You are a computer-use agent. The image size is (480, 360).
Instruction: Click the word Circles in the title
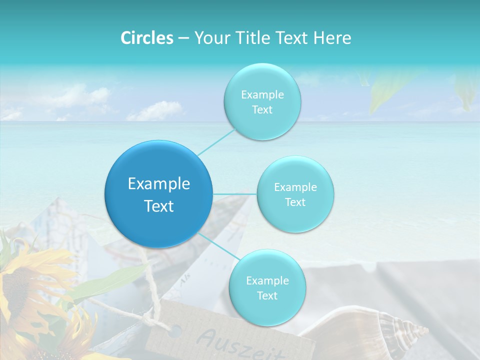(x=147, y=37)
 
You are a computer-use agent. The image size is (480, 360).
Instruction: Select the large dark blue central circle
(x=159, y=194)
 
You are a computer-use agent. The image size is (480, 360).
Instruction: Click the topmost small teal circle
(x=262, y=101)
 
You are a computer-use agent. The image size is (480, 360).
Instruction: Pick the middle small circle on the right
(x=295, y=194)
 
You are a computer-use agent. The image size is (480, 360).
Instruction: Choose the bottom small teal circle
(x=267, y=287)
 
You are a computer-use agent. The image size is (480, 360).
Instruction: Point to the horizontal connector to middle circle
(x=235, y=193)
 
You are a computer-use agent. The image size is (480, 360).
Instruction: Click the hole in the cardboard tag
(x=175, y=330)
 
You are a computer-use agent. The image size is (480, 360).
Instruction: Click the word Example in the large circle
(x=159, y=183)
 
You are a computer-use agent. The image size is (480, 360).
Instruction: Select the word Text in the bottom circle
(x=267, y=295)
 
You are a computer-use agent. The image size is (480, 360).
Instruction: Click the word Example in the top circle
(x=262, y=94)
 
